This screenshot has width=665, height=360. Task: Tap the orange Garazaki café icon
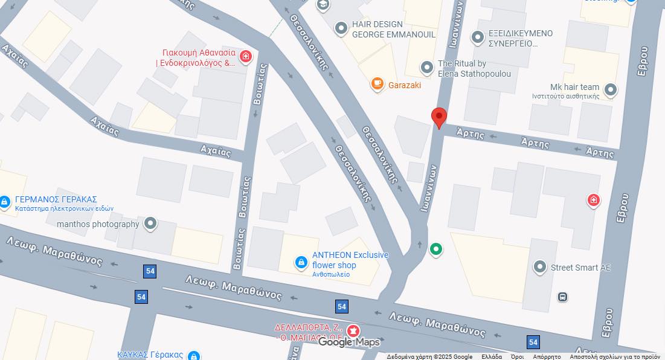377,84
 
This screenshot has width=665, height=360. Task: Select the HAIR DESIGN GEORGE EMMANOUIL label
393,29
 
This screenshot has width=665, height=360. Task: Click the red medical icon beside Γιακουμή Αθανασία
246,57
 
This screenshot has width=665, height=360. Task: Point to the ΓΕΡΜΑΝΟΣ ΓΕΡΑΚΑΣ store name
56,199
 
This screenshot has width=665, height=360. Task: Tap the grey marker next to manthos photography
150,224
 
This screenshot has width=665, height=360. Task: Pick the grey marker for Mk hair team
611,90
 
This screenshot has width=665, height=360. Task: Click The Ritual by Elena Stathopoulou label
474,68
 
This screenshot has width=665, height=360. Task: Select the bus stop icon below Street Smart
562,297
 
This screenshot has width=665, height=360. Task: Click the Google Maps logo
349,342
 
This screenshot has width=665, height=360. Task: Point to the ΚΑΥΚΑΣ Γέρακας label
150,355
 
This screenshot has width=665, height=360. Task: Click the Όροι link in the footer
517,356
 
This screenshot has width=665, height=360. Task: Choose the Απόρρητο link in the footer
547,356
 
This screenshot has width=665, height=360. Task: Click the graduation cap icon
323,5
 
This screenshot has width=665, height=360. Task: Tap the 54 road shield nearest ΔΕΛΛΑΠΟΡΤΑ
342,306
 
